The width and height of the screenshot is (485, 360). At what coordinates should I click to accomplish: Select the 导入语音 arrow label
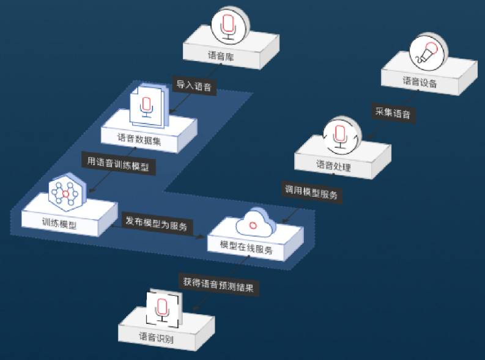[194, 86]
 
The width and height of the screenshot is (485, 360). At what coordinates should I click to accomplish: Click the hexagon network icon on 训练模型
[63, 193]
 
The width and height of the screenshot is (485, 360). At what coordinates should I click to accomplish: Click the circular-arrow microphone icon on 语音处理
[341, 135]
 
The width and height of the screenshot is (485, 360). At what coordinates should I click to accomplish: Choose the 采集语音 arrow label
[392, 113]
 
